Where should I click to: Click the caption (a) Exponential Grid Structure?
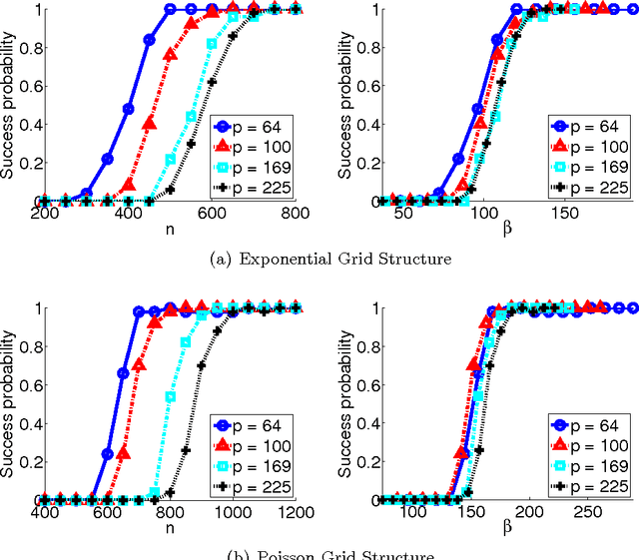[320, 259]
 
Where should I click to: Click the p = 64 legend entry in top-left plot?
[253, 126]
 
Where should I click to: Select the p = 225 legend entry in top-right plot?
[588, 187]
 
